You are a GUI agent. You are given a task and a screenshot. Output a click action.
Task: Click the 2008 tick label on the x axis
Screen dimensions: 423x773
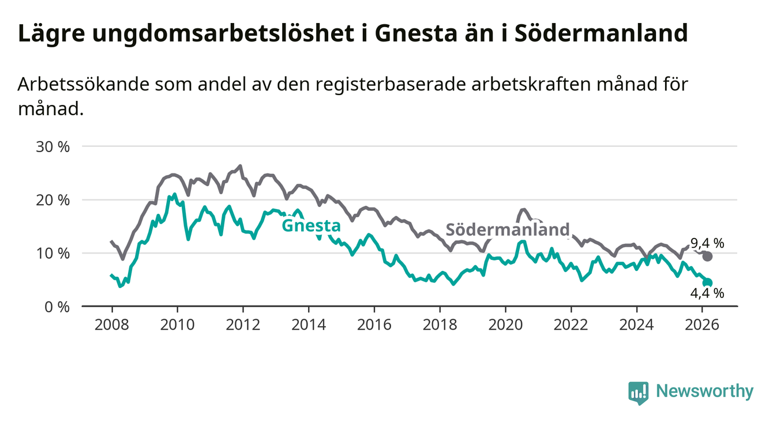(111, 323)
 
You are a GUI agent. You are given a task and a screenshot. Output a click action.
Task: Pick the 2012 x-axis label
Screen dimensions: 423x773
(242, 323)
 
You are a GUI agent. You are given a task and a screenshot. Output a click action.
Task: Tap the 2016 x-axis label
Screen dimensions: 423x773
(374, 323)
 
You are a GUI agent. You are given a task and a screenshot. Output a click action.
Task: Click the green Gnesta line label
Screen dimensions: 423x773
(311, 225)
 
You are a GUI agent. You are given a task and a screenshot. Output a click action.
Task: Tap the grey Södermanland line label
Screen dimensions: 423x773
(508, 229)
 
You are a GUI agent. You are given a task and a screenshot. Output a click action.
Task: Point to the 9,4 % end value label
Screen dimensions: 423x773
(707, 243)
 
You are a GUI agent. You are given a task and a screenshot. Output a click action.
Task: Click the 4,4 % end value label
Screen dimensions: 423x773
(707, 293)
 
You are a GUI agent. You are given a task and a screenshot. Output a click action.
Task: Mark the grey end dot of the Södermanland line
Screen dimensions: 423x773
(707, 256)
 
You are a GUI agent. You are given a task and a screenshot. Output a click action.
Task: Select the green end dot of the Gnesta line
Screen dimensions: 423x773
(708, 282)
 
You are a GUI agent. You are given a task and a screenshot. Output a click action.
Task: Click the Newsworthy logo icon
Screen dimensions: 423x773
(637, 392)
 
